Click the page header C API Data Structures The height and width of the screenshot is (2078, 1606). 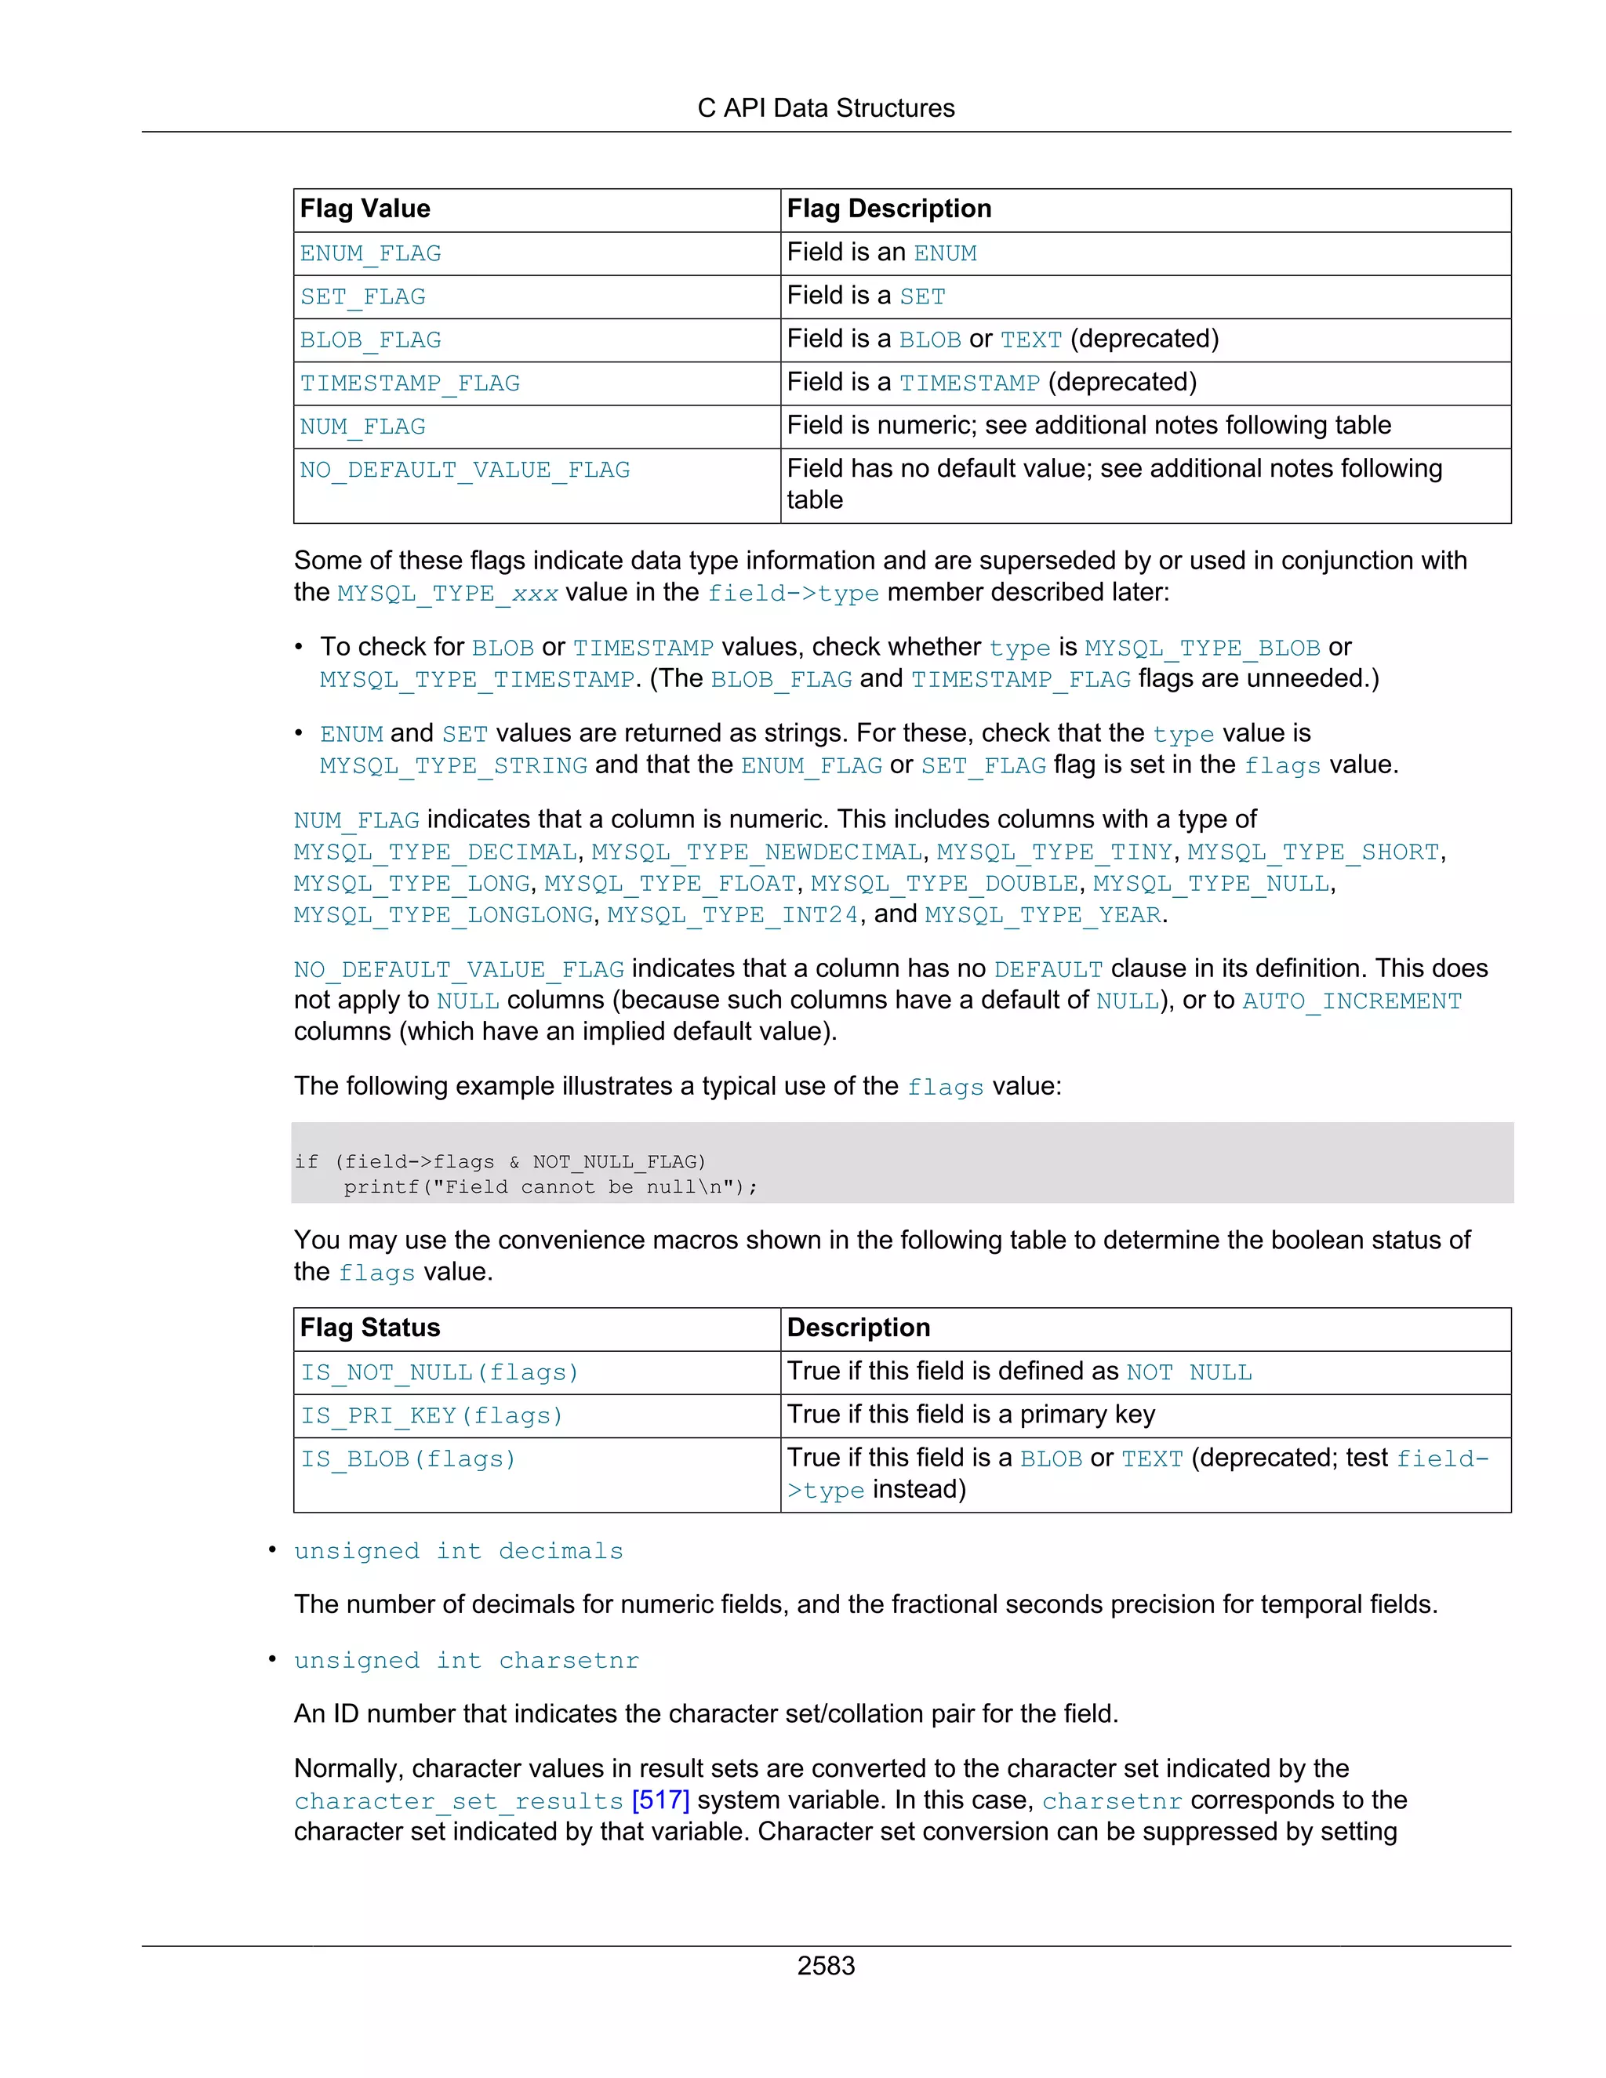pyautogui.click(x=825, y=108)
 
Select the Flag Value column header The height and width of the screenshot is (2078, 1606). pyautogui.click(x=365, y=209)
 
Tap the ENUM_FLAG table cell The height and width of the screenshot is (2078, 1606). pyautogui.click(x=370, y=254)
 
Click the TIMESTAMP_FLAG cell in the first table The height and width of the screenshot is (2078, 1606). pyautogui.click(x=409, y=383)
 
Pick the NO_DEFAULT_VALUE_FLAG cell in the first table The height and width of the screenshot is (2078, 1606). pyautogui.click(x=464, y=470)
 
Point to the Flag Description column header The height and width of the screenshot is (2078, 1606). pyautogui.click(x=888, y=209)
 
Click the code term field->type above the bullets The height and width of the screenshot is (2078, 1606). pyautogui.click(x=793, y=594)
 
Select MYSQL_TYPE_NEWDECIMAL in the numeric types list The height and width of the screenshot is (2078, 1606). pyautogui.click(x=757, y=852)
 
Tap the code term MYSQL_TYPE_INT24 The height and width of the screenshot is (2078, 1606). pyautogui.click(x=732, y=915)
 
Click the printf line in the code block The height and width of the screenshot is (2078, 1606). pyautogui.click(x=550, y=1187)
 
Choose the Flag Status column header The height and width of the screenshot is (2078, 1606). pyautogui.click(x=370, y=1328)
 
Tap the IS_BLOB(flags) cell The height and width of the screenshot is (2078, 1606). pyautogui.click(x=408, y=1459)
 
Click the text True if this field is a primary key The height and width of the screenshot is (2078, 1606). pyautogui.click(x=971, y=1415)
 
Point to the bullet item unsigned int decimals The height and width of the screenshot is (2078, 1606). pyautogui.click(x=458, y=1552)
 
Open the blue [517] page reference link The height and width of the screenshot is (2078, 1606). pyautogui.click(x=660, y=1801)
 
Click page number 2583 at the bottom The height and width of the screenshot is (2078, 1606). pyautogui.click(x=825, y=1967)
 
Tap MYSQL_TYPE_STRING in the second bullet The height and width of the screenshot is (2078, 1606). pyautogui.click(x=453, y=767)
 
